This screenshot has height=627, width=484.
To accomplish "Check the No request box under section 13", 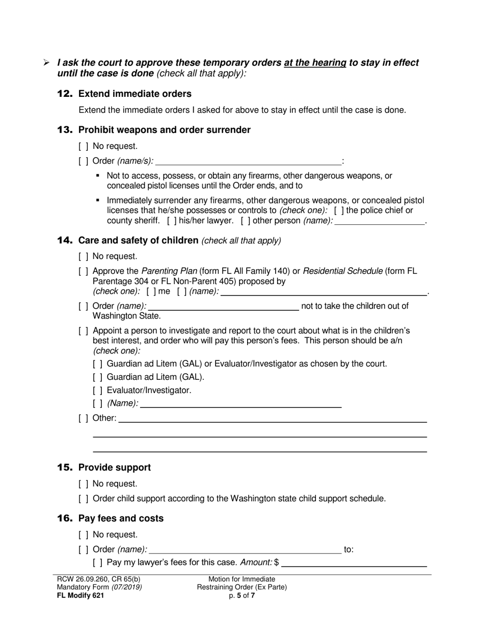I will click(84, 147).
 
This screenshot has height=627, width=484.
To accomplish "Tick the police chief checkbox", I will click(339, 211).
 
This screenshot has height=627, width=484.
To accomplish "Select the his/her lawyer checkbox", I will click(172, 221).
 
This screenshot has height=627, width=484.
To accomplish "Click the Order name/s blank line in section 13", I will click(249, 162).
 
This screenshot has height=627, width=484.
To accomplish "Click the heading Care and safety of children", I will click(138, 241).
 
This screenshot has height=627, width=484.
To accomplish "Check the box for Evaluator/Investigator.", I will click(98, 390).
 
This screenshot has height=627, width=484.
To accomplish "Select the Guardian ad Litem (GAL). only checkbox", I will click(98, 377).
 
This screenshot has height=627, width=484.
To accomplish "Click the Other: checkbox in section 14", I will click(84, 419).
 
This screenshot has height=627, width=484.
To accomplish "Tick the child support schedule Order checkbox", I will click(84, 499).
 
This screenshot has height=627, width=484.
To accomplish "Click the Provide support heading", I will click(114, 468).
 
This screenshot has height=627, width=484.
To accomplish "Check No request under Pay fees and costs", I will click(84, 535).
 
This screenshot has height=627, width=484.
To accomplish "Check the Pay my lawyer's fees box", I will click(98, 563).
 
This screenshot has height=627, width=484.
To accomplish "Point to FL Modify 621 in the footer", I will click(80, 595).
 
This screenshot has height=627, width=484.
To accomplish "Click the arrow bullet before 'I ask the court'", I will click(46, 63).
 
